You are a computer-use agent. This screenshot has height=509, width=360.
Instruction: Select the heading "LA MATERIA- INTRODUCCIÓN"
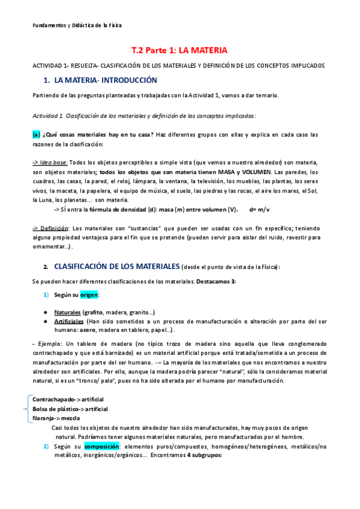[106, 80]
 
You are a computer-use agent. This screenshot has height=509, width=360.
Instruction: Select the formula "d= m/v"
[260, 209]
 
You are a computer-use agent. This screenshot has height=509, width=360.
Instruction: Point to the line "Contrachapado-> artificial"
[68, 399]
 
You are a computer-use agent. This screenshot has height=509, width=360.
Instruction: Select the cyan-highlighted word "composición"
[101, 447]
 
